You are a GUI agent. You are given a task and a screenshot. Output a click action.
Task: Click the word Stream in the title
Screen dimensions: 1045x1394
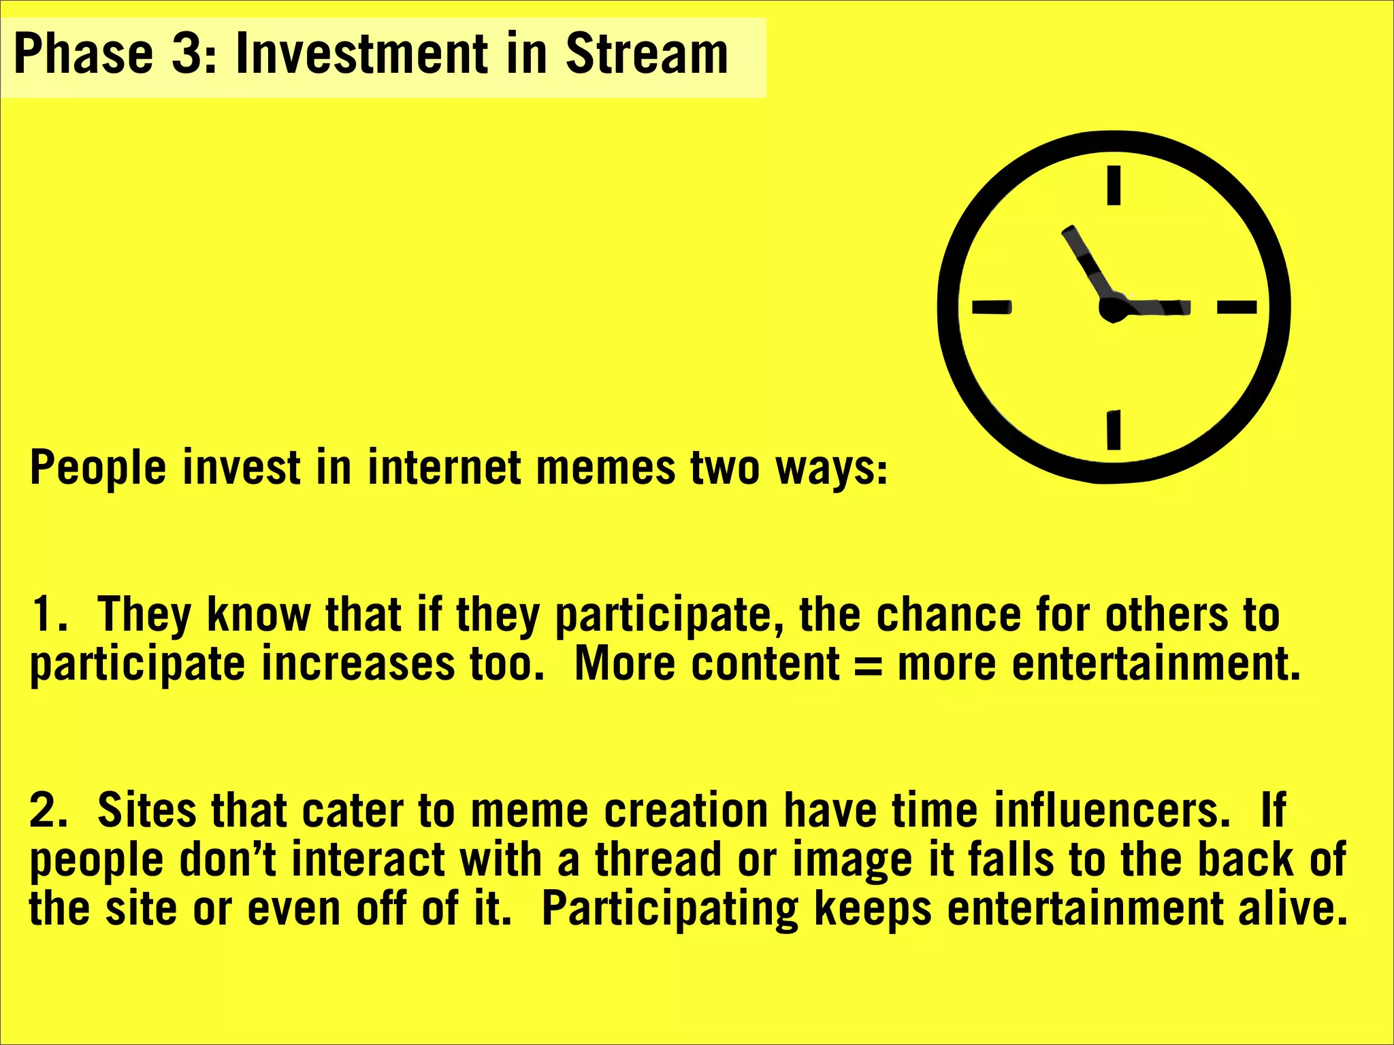(x=647, y=54)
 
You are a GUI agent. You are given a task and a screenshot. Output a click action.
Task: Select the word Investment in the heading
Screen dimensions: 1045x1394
(x=361, y=54)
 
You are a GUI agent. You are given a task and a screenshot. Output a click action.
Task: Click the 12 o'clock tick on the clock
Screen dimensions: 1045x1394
(x=1114, y=185)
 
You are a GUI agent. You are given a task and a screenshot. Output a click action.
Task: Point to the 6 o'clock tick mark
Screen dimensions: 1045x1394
(x=1114, y=429)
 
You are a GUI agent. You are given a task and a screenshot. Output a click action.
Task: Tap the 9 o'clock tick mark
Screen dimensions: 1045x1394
(x=991, y=308)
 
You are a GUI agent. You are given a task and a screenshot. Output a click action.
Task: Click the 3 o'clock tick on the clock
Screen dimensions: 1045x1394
(x=1236, y=308)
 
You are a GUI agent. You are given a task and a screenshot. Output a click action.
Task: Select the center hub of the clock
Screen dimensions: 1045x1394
(x=1113, y=308)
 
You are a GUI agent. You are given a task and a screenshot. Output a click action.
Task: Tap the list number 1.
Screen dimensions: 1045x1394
(x=44, y=614)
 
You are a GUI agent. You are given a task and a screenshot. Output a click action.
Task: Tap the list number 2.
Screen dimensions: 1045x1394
(x=45, y=810)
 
